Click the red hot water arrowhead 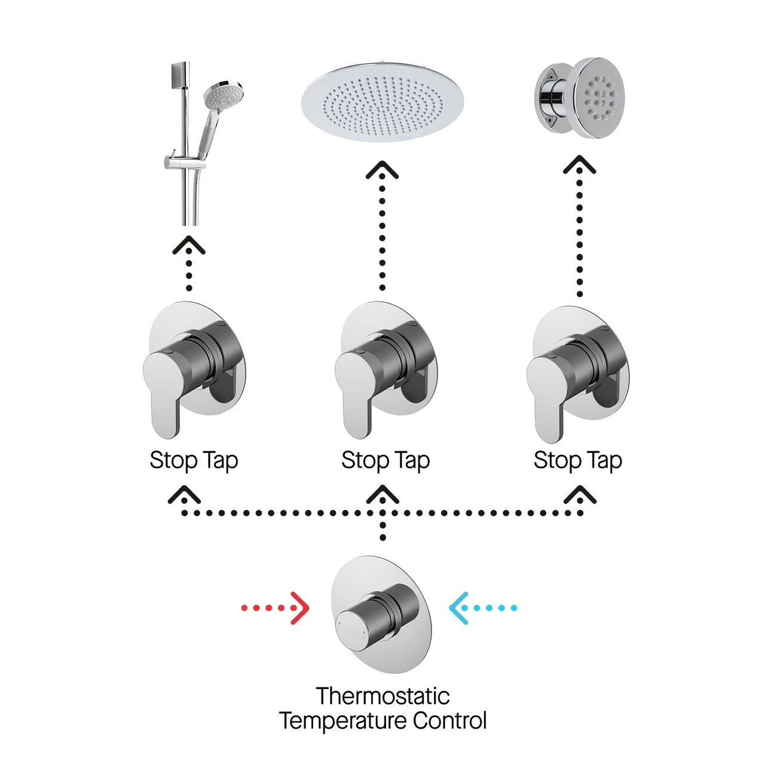tap(301, 608)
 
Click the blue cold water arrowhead tap(458, 608)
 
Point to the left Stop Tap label tap(194, 461)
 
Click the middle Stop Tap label tap(385, 461)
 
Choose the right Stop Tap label tap(577, 461)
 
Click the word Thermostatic tap(382, 696)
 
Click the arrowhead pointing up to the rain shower tap(382, 170)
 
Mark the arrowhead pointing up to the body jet tap(579, 165)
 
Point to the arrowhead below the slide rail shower tap(189, 245)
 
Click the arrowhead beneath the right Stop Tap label tap(580, 495)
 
